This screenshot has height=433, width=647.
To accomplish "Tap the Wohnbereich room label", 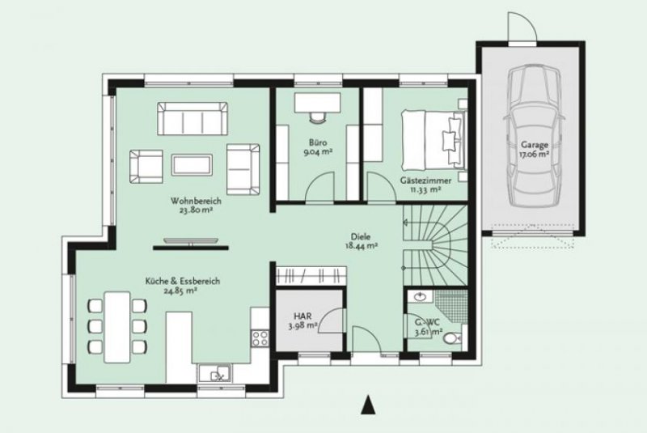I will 192,204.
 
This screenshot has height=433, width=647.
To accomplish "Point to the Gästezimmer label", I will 421,184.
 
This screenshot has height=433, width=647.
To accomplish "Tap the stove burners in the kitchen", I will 261,336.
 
